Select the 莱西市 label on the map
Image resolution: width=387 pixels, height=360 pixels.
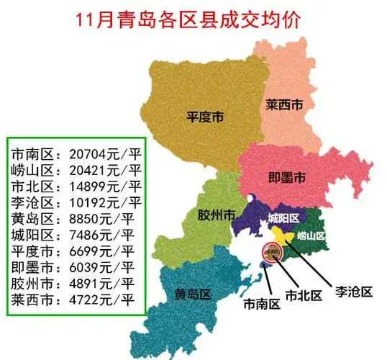click(283, 105)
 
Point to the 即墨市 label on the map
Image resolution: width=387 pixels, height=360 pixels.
click(287, 177)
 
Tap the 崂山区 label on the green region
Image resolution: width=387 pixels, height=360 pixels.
click(312, 235)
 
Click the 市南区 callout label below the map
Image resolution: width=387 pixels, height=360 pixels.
click(260, 304)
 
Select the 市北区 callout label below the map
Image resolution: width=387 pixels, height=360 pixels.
click(301, 295)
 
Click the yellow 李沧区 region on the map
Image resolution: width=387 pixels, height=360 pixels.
click(283, 235)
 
